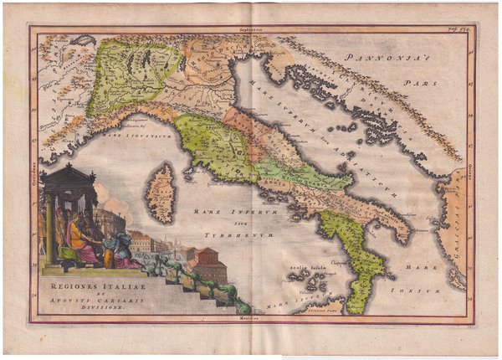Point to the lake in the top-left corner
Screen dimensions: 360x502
tap(83, 39)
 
